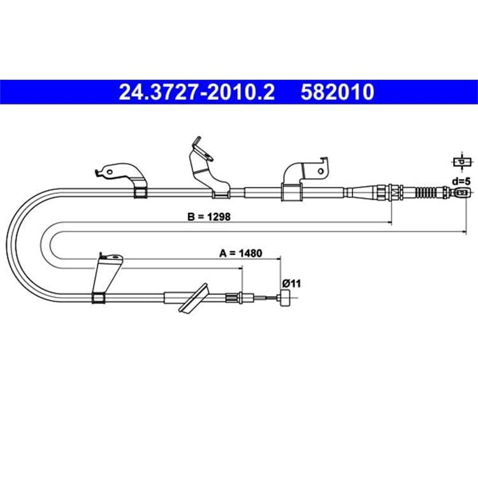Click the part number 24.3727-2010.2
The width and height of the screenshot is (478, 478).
click(197, 92)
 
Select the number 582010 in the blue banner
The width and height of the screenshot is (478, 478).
click(337, 92)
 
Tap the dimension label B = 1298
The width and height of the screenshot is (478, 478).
click(209, 217)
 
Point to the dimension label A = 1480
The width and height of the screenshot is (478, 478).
click(241, 253)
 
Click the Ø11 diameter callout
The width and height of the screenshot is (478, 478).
click(291, 284)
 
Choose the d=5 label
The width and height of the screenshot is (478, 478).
click(461, 182)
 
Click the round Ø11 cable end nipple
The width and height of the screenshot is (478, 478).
click(285, 298)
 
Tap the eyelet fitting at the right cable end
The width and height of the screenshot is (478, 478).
click(461, 192)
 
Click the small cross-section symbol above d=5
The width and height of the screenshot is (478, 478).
click(462, 162)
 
